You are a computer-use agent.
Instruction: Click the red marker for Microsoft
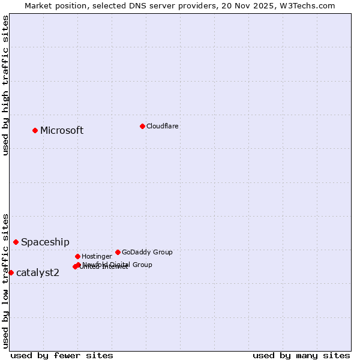click(35, 130)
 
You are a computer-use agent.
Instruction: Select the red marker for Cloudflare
click(142, 126)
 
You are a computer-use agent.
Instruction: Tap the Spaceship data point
click(16, 242)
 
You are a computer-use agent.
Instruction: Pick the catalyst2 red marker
click(11, 272)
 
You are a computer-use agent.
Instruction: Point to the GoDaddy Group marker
click(118, 252)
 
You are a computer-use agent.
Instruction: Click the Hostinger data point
click(77, 256)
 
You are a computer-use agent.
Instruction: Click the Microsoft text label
click(62, 131)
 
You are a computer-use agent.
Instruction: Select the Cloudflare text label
click(162, 126)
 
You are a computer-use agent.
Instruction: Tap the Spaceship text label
click(45, 242)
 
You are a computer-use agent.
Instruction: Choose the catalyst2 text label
click(38, 273)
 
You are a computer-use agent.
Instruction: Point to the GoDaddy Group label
click(147, 252)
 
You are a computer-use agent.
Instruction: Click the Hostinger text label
click(97, 256)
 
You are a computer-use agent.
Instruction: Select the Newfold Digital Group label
click(117, 265)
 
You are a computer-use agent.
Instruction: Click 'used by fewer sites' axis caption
click(62, 355)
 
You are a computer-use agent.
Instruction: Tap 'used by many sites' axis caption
click(301, 355)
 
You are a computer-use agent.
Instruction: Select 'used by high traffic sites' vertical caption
click(5, 85)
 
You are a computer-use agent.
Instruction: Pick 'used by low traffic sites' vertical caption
click(5, 280)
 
